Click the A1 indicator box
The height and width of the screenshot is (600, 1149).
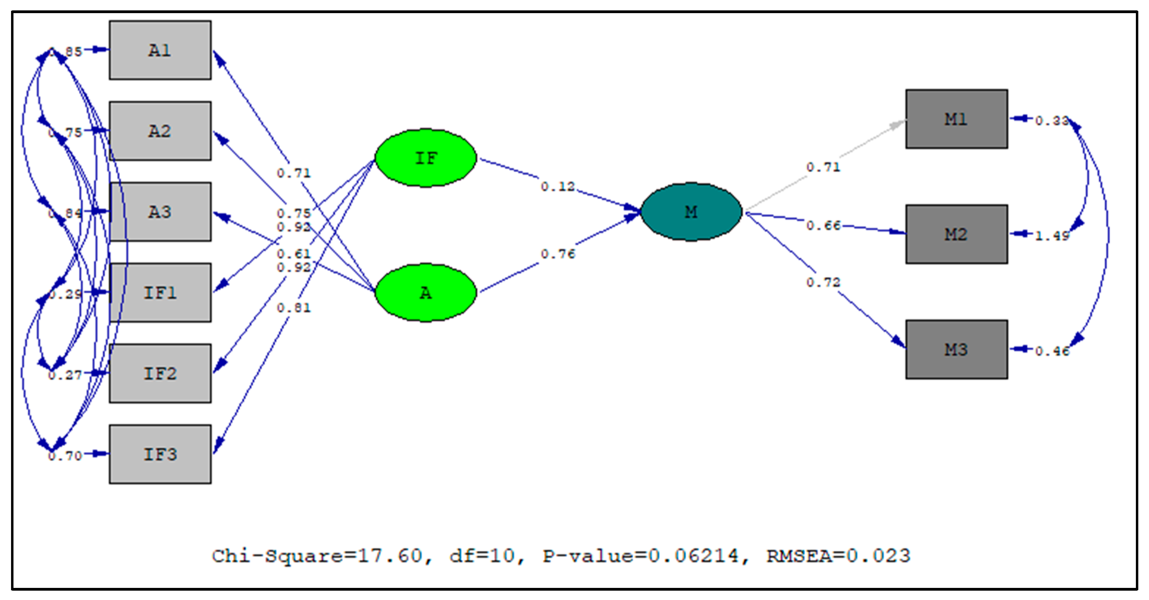[x=160, y=50]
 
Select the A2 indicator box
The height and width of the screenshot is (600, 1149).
[x=160, y=131]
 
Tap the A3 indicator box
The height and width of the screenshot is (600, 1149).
[x=160, y=212]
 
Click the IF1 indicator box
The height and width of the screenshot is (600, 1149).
[x=160, y=293]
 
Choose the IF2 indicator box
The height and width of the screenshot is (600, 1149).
[x=160, y=373]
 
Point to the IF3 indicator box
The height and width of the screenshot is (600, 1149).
[x=160, y=454]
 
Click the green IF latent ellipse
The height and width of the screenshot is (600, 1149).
[x=426, y=158]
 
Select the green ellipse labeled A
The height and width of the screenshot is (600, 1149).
[x=426, y=293]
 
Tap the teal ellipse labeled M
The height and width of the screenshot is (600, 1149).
[x=691, y=212]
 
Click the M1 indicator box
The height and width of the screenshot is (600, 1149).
[x=956, y=119]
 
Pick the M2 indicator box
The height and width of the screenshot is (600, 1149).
[x=956, y=234]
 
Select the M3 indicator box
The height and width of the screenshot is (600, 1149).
[x=956, y=349]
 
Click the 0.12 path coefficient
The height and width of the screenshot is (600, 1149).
[x=558, y=187]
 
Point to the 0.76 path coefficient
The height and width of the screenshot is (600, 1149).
[x=558, y=254]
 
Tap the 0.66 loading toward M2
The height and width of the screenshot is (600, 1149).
[x=823, y=226]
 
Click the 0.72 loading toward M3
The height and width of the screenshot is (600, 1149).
[x=823, y=282]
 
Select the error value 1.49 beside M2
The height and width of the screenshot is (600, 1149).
[x=1052, y=235]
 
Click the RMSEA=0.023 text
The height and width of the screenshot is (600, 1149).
[x=838, y=556]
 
